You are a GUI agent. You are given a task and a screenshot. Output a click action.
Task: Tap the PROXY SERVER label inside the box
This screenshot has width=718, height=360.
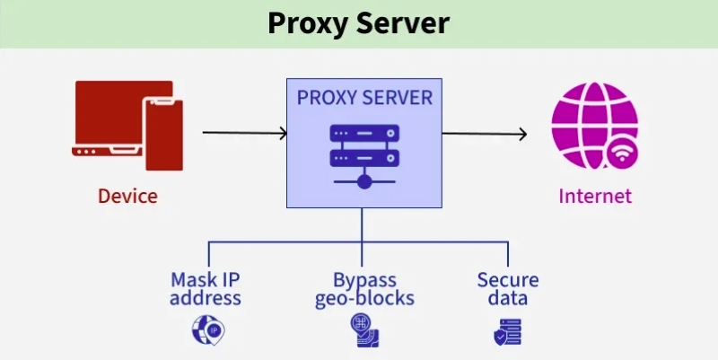pyautogui.click(x=363, y=96)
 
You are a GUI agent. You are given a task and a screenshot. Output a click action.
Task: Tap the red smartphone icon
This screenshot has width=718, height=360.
pyautogui.click(x=164, y=135)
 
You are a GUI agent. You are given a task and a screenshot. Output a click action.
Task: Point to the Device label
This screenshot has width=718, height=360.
pyautogui.click(x=128, y=196)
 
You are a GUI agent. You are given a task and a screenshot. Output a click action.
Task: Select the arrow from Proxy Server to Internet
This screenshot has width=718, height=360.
pyautogui.click(x=484, y=134)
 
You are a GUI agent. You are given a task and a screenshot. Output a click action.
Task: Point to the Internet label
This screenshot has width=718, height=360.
pyautogui.click(x=595, y=196)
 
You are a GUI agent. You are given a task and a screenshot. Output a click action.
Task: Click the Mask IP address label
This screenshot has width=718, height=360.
pyautogui.click(x=206, y=289)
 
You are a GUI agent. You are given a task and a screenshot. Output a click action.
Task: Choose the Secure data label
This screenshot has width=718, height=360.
pyautogui.click(x=508, y=289)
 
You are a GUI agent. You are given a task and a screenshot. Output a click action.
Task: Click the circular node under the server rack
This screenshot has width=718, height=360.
pyautogui.click(x=363, y=182)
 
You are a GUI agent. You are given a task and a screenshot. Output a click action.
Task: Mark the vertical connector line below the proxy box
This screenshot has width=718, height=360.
pyautogui.click(x=363, y=224)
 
